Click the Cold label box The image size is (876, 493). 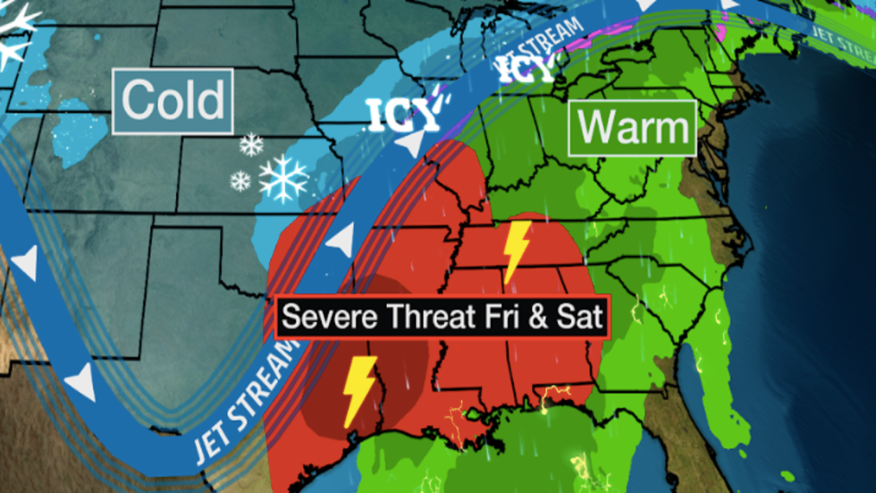pos(173,101)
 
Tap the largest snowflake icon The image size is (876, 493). pos(283,178)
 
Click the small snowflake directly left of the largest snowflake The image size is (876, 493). pos(240,182)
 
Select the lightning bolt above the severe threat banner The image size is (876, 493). pos(517,251)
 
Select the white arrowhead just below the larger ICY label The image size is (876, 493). pos(408,144)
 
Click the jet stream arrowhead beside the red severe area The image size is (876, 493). pos(338,240)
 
